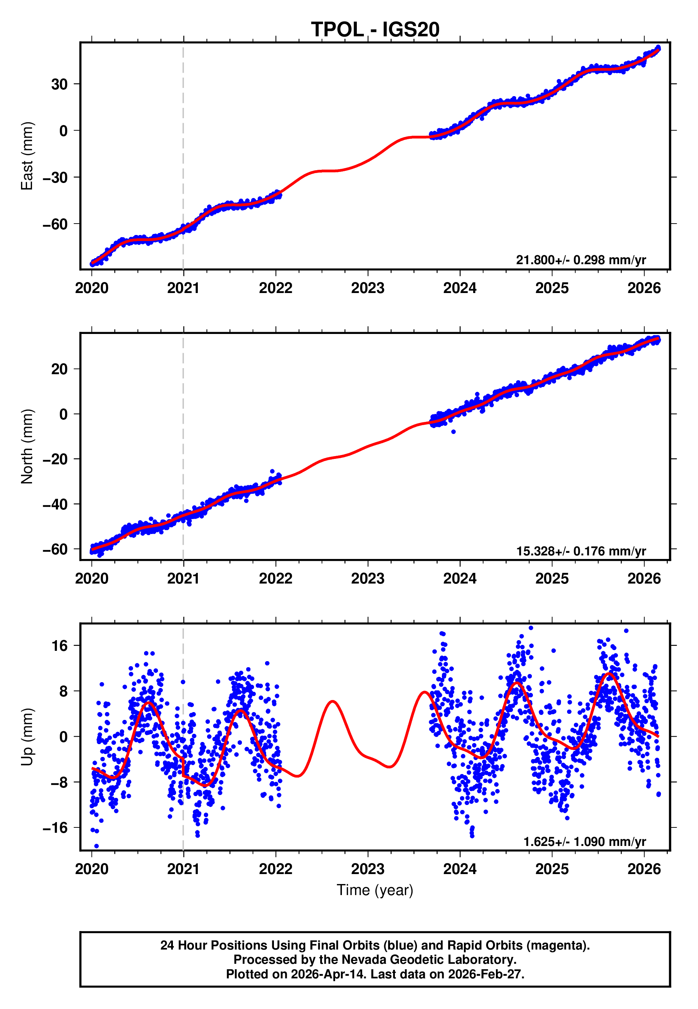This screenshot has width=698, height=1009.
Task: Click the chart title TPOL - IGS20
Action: click(375, 30)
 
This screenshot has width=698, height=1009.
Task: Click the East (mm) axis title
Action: click(27, 156)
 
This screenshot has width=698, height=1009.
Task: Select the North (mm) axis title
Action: click(27, 446)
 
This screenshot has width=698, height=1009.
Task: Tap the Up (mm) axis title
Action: click(27, 737)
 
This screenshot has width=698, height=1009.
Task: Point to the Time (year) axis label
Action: click(375, 890)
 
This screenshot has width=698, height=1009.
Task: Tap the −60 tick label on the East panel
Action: click(55, 224)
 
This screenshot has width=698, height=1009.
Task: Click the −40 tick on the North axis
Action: click(55, 504)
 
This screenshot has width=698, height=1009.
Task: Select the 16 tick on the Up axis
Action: click(59, 645)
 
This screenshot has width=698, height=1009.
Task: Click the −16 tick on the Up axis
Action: click(55, 827)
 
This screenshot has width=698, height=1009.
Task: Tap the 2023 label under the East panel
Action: click(367, 288)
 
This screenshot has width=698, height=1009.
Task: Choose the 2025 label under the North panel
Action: click(552, 579)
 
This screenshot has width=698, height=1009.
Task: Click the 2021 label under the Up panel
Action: click(183, 869)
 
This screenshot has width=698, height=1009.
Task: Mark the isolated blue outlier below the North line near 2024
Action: click(454, 432)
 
